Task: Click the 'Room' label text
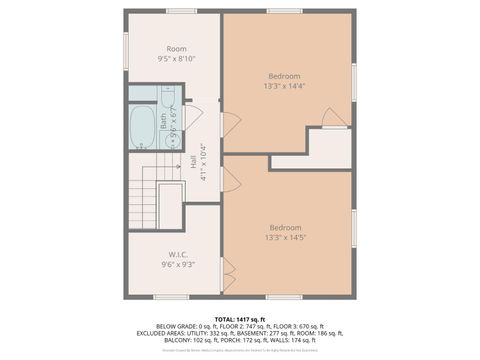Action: point(176,49)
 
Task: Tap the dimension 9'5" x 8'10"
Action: point(176,59)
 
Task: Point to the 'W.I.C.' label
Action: point(176,255)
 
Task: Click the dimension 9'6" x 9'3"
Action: point(176,265)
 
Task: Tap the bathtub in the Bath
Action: point(141,128)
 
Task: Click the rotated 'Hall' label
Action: point(192,162)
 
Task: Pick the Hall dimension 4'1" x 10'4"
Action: point(202,162)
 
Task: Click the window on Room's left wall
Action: point(125,47)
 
